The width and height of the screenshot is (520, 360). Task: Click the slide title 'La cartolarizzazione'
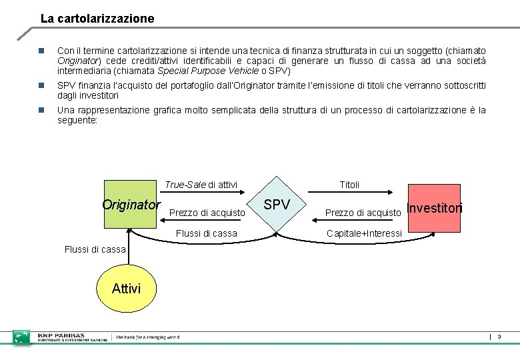[x=97, y=19]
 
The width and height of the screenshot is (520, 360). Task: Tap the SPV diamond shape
[x=277, y=205]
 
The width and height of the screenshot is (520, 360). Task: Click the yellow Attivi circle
[x=126, y=288]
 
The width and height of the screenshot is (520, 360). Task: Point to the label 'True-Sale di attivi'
[x=201, y=184]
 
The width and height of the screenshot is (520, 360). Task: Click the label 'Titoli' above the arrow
[x=349, y=184]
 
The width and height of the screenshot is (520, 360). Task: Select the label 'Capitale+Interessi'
[x=364, y=233]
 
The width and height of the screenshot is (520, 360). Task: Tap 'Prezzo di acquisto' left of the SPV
[x=207, y=213]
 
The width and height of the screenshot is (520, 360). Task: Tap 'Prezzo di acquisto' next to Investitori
[x=363, y=213]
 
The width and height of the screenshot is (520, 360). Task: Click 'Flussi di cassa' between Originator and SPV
[x=206, y=233]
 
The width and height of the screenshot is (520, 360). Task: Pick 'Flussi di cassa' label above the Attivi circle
[x=95, y=249]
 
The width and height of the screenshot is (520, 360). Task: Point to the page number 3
[x=499, y=337]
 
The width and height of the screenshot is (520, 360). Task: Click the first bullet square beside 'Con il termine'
[x=41, y=51]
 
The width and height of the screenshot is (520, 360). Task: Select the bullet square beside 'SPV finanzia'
[x=41, y=86]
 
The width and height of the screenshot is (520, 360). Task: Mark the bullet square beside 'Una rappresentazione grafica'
[x=41, y=110]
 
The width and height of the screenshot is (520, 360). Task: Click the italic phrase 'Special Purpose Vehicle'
[x=207, y=71]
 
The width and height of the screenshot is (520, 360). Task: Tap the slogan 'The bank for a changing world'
[x=147, y=337]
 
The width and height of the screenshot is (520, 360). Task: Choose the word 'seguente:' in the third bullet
[x=77, y=120]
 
